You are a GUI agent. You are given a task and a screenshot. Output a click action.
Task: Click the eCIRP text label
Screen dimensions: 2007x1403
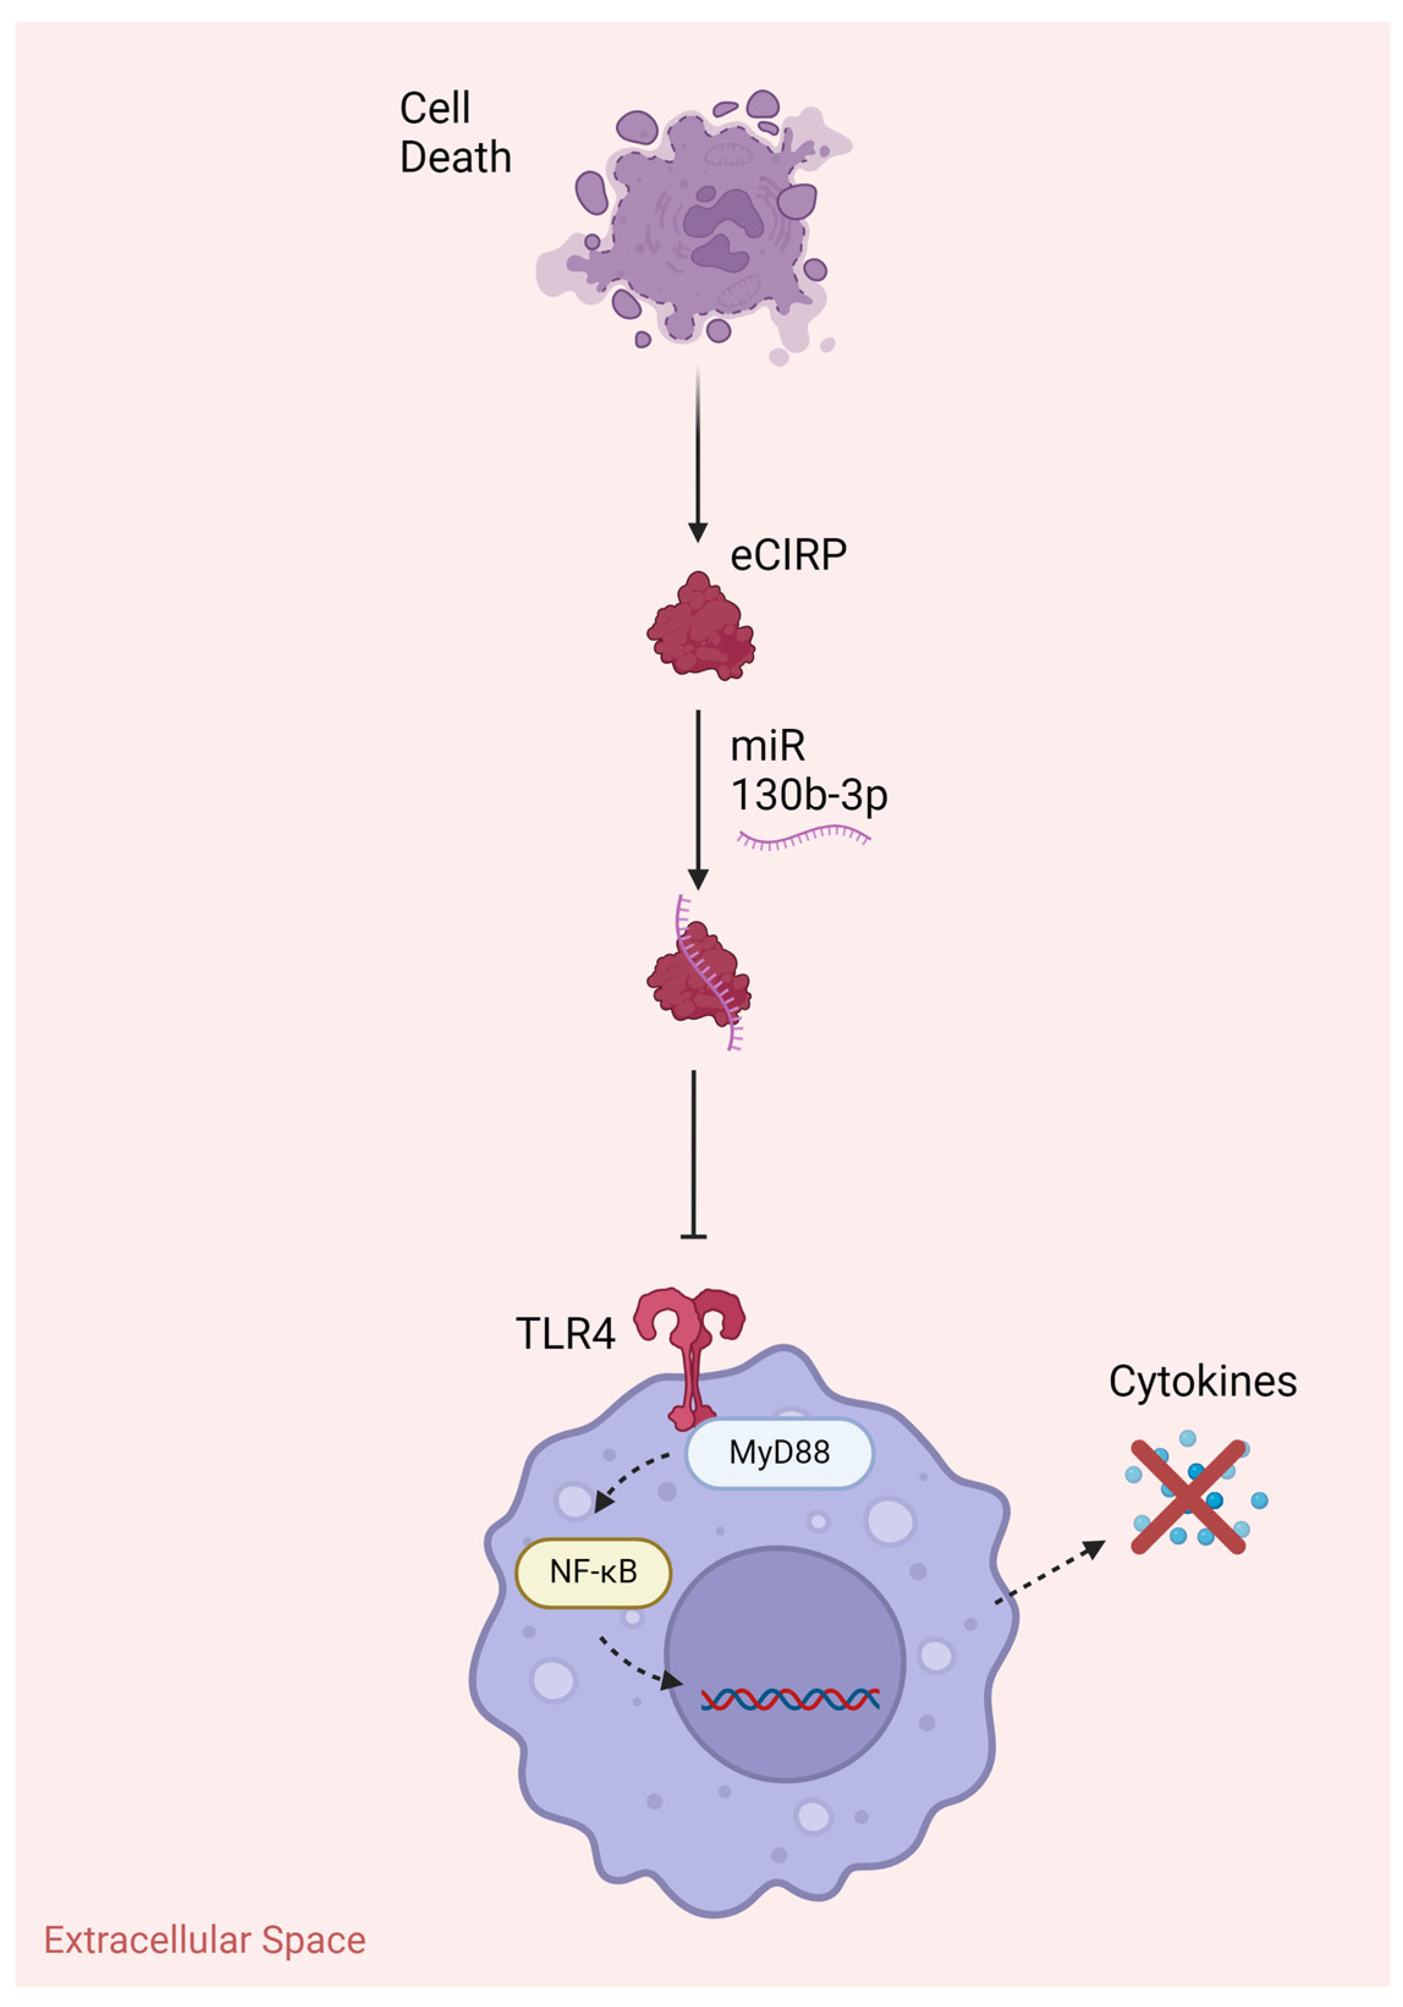tap(788, 555)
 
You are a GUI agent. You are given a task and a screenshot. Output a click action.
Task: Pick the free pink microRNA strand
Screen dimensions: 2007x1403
tap(802, 839)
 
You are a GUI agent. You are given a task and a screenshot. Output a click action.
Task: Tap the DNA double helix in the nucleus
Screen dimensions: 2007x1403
tap(789, 1699)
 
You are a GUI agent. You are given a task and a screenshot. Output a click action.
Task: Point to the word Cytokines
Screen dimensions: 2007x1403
tap(1202, 1382)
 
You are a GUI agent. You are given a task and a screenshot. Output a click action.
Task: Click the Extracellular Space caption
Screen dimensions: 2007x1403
tap(205, 1940)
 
